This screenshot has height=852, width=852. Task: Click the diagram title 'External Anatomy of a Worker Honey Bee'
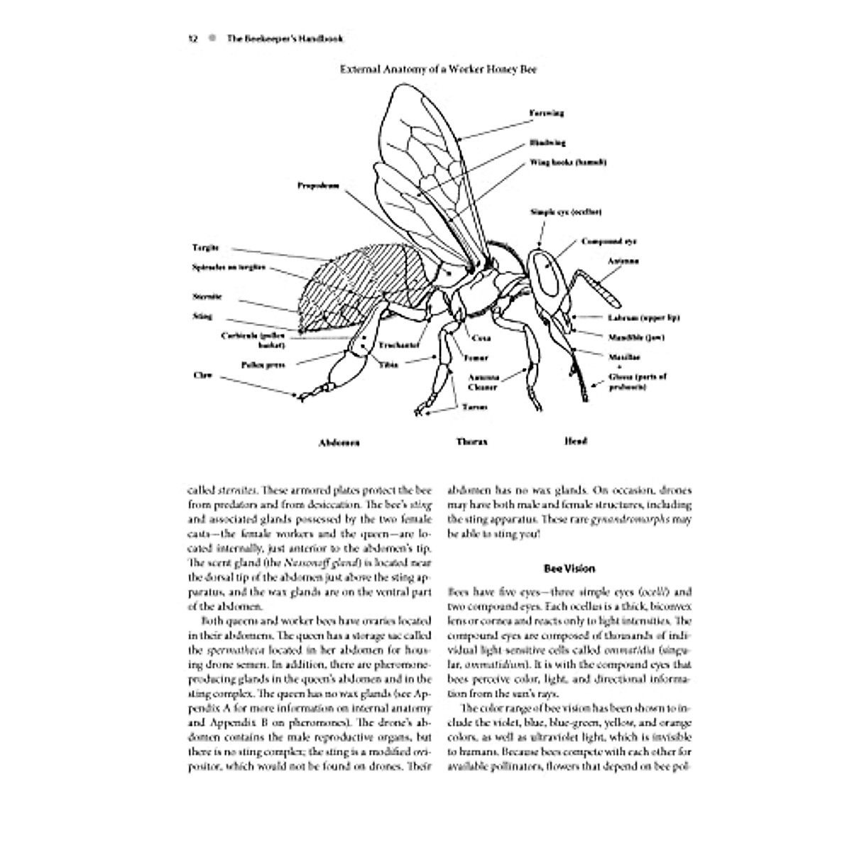coord(438,70)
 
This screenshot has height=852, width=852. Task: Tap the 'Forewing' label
coord(546,113)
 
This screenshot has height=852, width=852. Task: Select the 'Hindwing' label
coord(547,143)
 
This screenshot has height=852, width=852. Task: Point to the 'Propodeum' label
coord(318,186)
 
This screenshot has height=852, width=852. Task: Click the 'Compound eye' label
coord(603,241)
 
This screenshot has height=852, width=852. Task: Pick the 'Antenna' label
coord(623,261)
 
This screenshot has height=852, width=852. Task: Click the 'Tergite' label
coord(205,248)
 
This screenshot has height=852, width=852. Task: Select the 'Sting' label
coord(202,317)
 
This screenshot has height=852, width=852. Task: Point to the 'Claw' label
coord(202,374)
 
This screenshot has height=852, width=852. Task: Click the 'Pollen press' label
coord(263,365)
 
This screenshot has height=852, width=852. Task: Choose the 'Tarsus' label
coord(474,408)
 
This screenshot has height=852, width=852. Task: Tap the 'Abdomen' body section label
coord(339,442)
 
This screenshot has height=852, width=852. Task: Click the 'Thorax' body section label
coord(472,442)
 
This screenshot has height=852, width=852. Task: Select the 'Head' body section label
coord(575,441)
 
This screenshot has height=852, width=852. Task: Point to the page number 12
coord(192,40)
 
